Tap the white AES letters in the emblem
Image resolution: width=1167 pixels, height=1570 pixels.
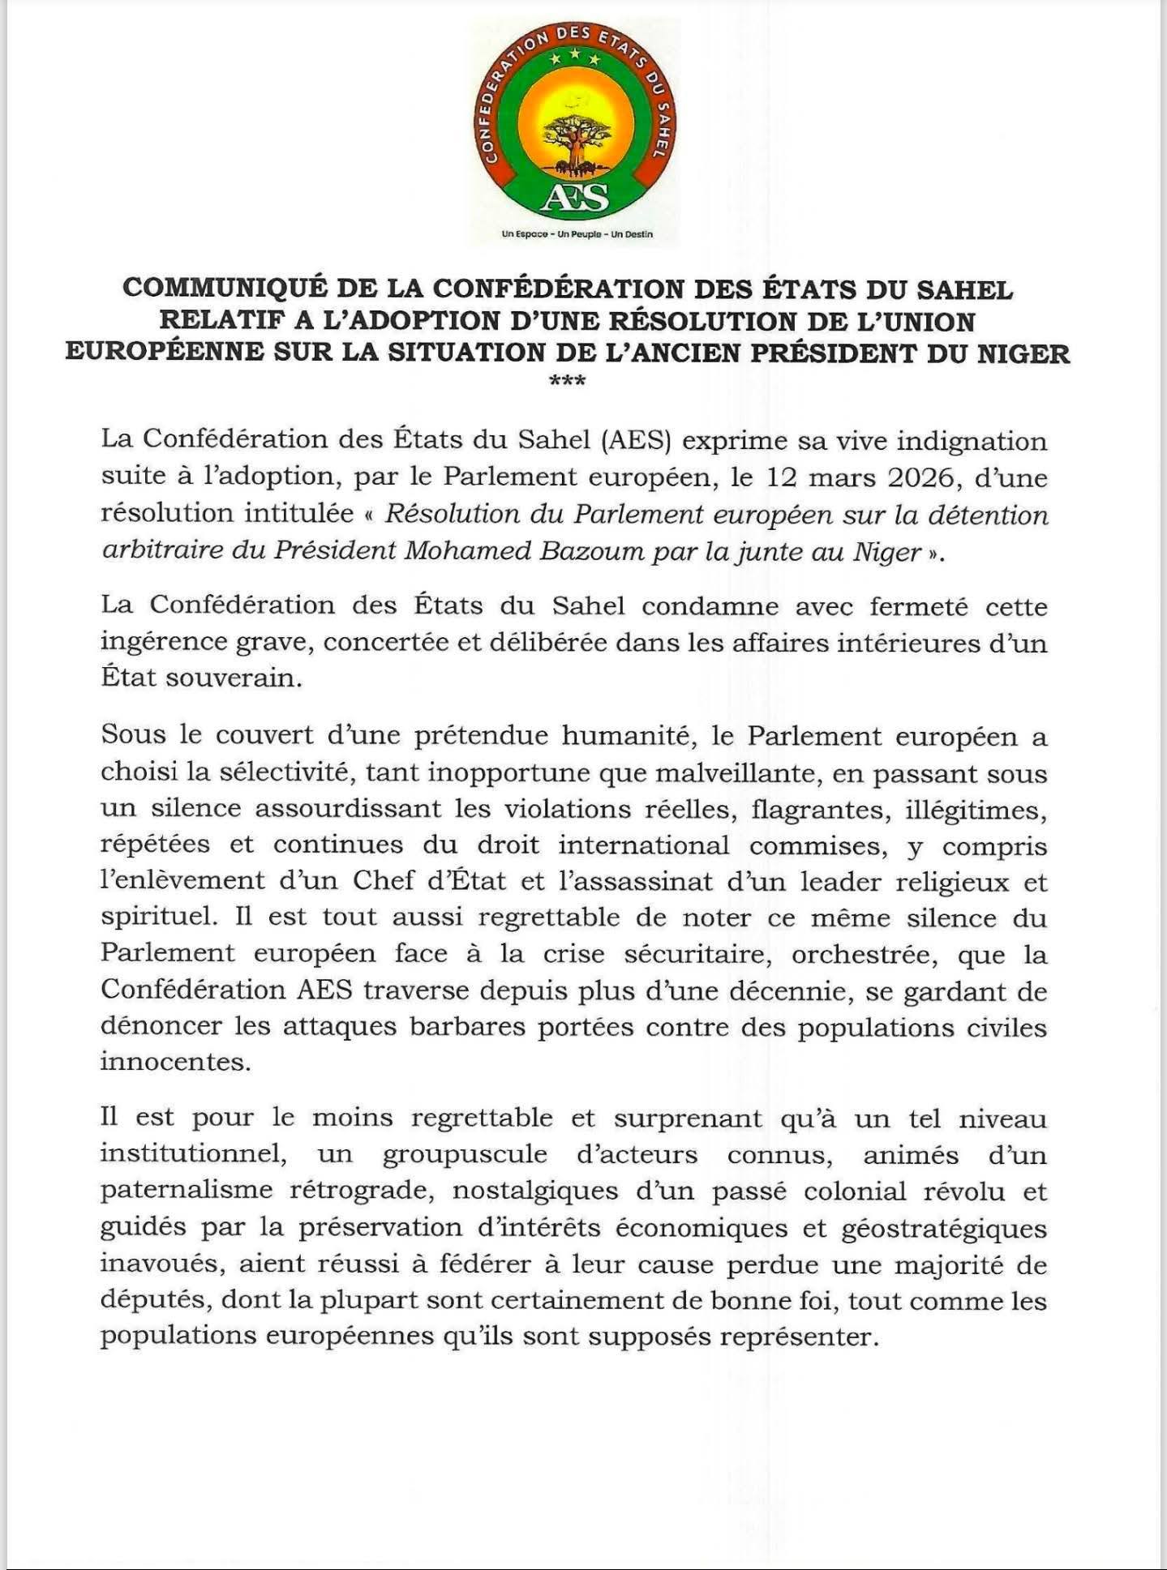click(x=577, y=195)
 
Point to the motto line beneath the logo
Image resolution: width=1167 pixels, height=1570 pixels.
click(x=577, y=235)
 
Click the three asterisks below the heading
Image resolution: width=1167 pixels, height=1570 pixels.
click(x=568, y=381)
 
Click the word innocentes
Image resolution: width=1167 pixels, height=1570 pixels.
click(x=176, y=1061)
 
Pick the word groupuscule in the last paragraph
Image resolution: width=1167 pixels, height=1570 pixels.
click(x=465, y=1154)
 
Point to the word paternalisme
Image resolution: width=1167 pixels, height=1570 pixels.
click(x=186, y=1191)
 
